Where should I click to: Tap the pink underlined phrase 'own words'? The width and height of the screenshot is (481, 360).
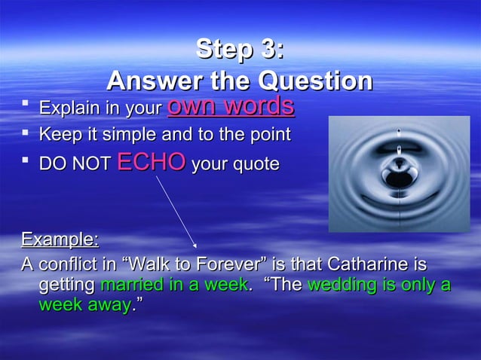(x=231, y=106)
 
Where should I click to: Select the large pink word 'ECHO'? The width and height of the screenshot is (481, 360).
(x=152, y=163)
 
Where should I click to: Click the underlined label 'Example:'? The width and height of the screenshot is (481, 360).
(x=60, y=240)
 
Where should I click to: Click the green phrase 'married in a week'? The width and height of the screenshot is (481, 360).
(x=173, y=285)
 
